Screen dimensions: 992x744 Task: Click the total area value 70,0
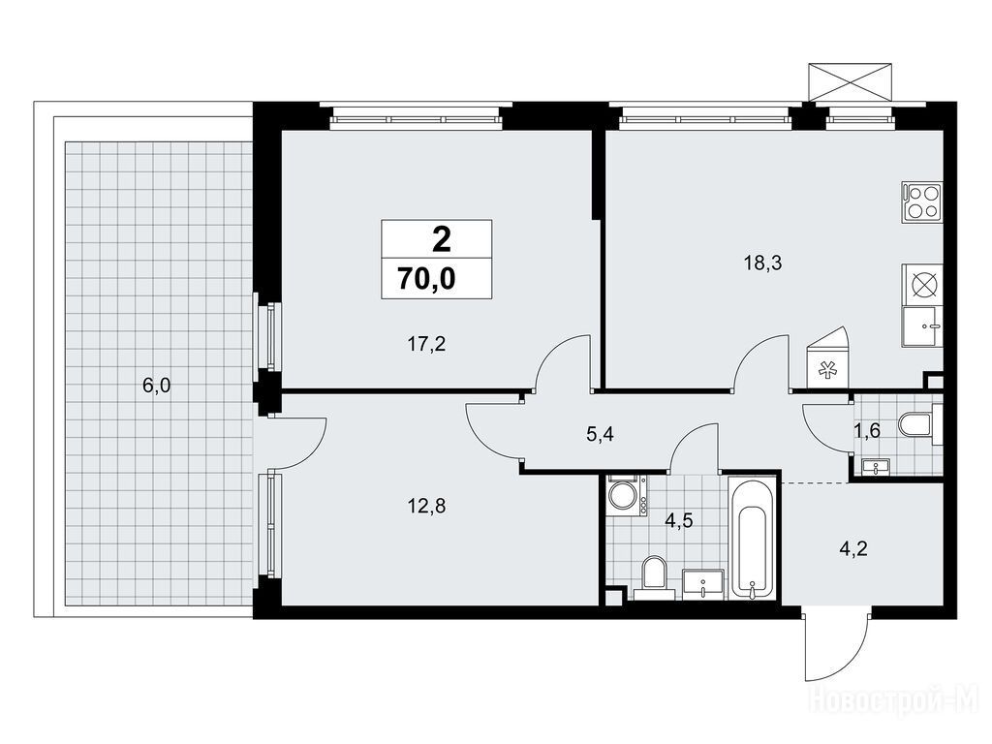tap(426, 278)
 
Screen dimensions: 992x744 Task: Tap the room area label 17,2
tap(426, 344)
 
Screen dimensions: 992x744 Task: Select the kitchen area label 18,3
tap(762, 263)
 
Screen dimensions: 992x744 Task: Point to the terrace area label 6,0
tap(157, 386)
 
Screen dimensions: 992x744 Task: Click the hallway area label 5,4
tap(601, 435)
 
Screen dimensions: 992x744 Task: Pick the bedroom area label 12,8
tap(426, 506)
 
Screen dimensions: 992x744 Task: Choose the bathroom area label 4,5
tap(679, 520)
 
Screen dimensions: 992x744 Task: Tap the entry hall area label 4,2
tap(853, 548)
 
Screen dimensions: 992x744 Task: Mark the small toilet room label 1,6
tap(867, 431)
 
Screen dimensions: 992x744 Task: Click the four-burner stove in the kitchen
tap(922, 201)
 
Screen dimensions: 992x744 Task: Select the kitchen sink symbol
tap(922, 327)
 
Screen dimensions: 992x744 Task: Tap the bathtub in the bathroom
tap(752, 538)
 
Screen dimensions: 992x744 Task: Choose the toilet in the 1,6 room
tap(920, 425)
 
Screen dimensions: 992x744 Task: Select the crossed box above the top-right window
tap(851, 81)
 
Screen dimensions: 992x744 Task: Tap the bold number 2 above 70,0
tap(442, 240)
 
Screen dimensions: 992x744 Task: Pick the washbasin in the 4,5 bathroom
tap(703, 583)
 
